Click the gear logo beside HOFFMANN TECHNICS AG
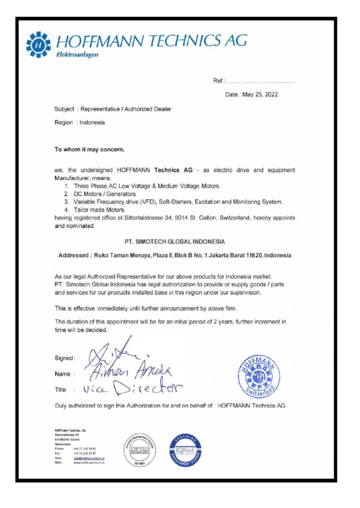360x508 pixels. pos(38,45)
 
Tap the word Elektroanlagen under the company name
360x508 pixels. pos(77,55)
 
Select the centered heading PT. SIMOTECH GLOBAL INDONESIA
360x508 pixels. pos(175,242)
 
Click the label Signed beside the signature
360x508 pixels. pos(64,358)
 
